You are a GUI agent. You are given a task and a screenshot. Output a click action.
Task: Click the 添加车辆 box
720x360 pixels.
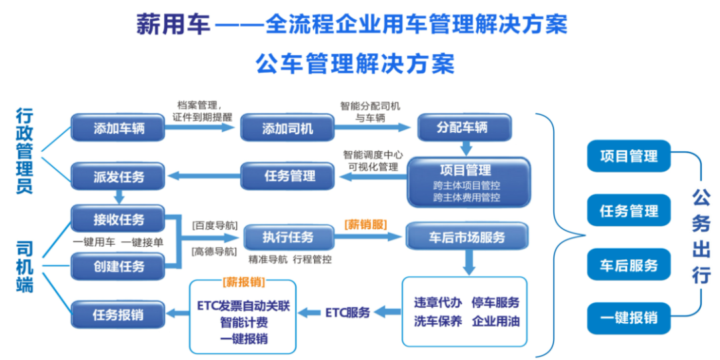pos(118,127)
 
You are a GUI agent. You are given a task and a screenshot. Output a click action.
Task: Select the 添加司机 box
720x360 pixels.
pos(287,127)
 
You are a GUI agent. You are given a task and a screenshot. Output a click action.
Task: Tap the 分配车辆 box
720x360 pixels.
pos(464,127)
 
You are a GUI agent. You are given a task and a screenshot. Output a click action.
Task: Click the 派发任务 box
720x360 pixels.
pos(118,177)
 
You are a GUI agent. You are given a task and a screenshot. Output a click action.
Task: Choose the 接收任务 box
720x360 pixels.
pos(118,219)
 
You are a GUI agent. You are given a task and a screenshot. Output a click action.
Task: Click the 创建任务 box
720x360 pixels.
pos(118,266)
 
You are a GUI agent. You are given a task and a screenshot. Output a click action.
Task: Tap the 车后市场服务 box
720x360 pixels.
pos(467,237)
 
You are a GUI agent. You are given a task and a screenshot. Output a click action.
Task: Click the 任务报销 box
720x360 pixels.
pos(118,315)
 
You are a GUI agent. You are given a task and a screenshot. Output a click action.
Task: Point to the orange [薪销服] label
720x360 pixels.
pos(365,224)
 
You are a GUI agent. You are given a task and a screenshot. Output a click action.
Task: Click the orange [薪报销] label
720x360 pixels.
pos(243,281)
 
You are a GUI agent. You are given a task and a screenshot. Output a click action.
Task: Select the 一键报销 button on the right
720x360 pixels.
pos(629,317)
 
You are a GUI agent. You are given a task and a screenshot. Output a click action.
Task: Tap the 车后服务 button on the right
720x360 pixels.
pos(629,265)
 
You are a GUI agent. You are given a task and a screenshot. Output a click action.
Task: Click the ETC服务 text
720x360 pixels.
pos(347,312)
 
